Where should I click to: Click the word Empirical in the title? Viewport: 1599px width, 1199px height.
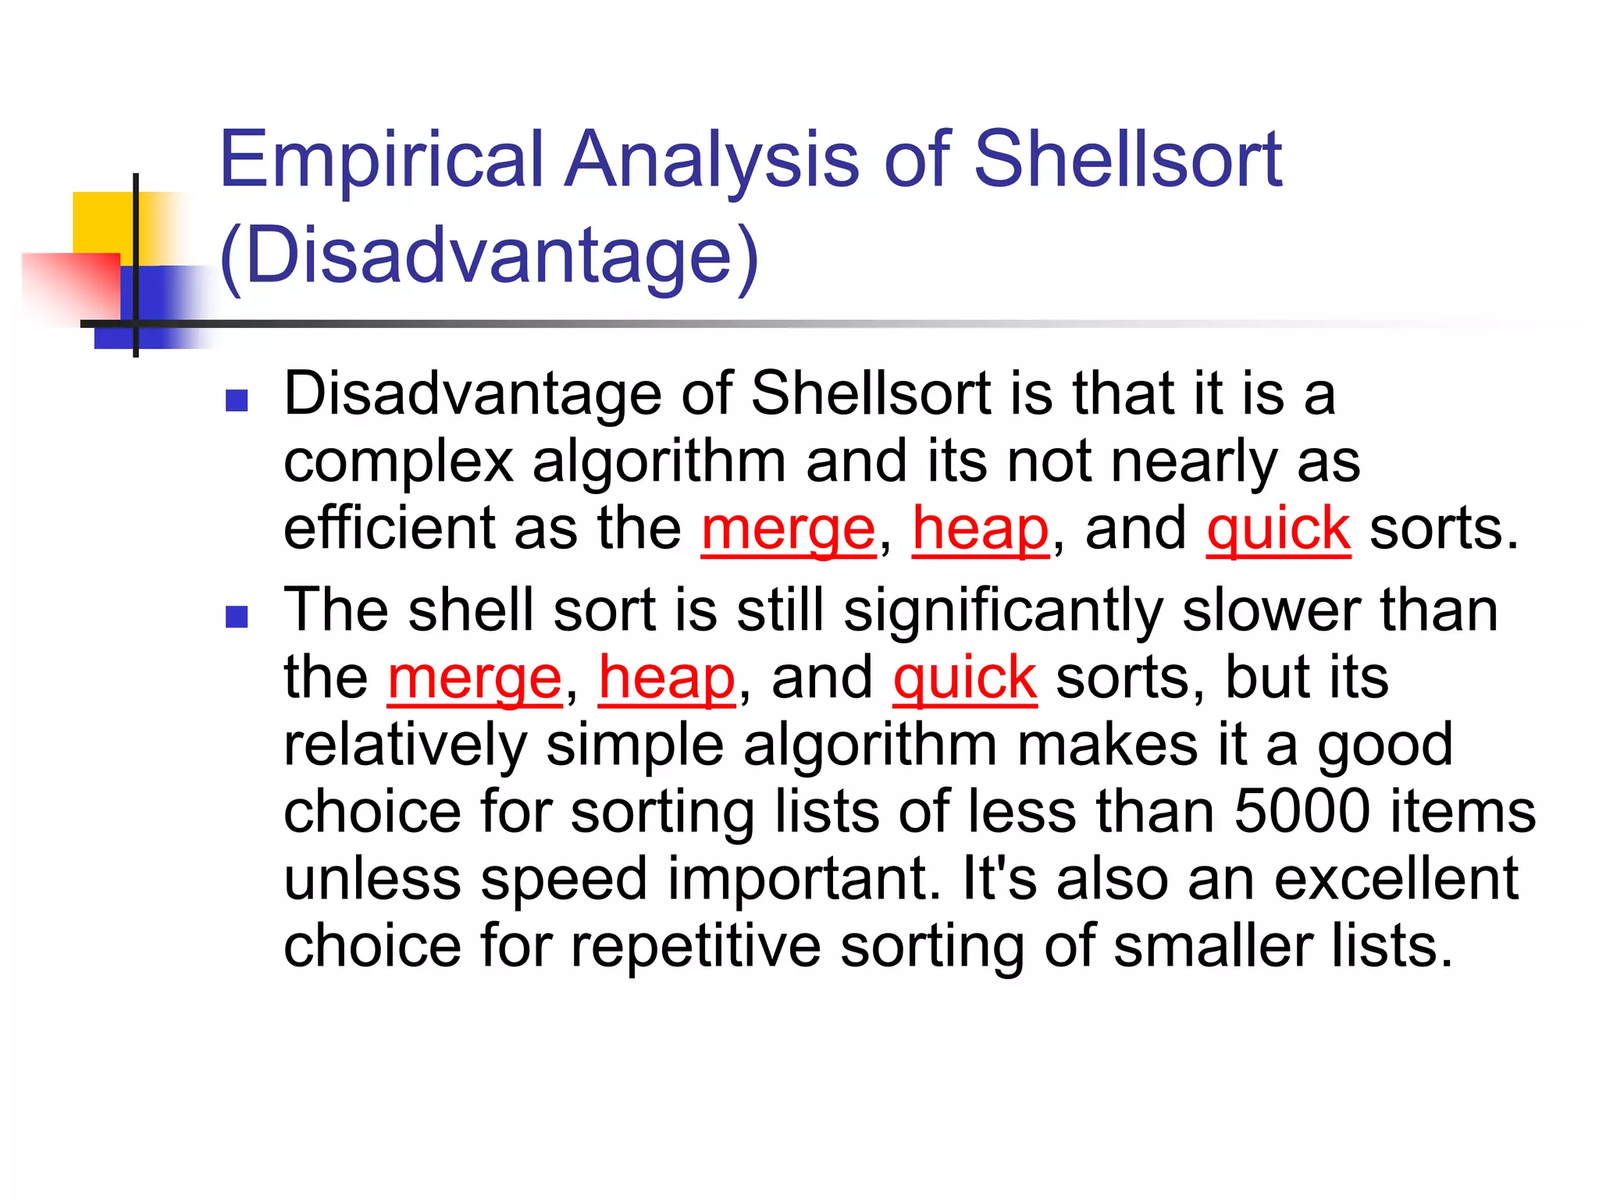381,159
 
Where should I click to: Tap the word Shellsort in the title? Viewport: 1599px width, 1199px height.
1127,159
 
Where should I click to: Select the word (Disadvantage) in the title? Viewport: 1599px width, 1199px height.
489,256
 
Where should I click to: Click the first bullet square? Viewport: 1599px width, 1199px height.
236,401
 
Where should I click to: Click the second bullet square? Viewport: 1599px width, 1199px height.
236,617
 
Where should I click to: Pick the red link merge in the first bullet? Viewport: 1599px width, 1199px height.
789,529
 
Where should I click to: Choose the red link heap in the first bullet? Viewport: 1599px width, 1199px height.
981,529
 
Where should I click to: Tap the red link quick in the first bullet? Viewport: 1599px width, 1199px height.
1278,529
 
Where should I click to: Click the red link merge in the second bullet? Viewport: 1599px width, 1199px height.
475,678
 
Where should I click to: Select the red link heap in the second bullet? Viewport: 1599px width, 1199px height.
667,678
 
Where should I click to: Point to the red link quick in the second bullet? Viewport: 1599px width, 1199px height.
965,678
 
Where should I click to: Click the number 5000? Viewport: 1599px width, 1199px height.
1302,812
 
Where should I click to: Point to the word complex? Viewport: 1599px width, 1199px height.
398,462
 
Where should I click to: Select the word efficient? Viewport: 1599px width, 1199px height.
389,529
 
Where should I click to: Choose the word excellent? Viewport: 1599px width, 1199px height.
1396,879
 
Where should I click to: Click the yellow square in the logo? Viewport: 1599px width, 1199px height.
101,222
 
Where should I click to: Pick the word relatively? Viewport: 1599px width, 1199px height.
405,745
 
